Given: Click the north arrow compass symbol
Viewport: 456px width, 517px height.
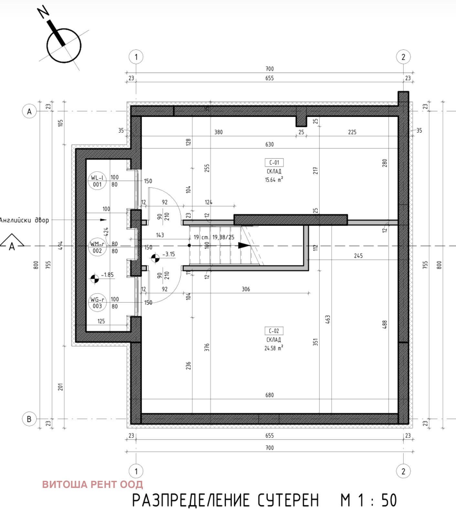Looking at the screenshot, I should click(x=63, y=45).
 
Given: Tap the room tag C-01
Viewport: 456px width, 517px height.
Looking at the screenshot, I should click(x=274, y=163).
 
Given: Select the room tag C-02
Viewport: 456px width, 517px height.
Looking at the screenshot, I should click(x=274, y=331).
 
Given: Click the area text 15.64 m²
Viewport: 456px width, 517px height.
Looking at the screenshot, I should click(x=274, y=180).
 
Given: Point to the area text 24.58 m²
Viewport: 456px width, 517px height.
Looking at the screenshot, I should click(x=274, y=348).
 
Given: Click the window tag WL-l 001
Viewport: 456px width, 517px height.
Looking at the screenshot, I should click(x=97, y=181).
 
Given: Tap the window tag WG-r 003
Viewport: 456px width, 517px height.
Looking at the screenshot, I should click(x=97, y=303).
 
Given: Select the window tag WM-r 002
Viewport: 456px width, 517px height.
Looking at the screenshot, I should click(x=97, y=247).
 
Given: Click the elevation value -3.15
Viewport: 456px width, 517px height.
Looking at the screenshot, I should click(x=168, y=254).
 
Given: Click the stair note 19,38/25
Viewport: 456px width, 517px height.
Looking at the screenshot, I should click(x=223, y=237).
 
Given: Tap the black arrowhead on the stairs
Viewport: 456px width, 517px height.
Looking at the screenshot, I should click(x=244, y=246).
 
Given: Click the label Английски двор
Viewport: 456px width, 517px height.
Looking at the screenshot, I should click(x=24, y=220).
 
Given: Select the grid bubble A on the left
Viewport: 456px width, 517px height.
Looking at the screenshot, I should click(x=29, y=111).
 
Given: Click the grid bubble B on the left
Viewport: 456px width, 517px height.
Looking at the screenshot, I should click(x=29, y=419).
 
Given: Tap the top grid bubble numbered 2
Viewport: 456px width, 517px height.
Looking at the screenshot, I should click(x=403, y=57).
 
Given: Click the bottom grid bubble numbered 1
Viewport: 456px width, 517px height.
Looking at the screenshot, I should click(x=136, y=471).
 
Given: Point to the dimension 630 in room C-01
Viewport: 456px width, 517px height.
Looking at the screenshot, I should click(x=269, y=144).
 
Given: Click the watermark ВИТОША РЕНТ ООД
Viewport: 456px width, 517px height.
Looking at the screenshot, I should click(x=92, y=484).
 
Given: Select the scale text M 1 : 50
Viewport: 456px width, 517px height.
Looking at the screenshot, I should click(x=368, y=500).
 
